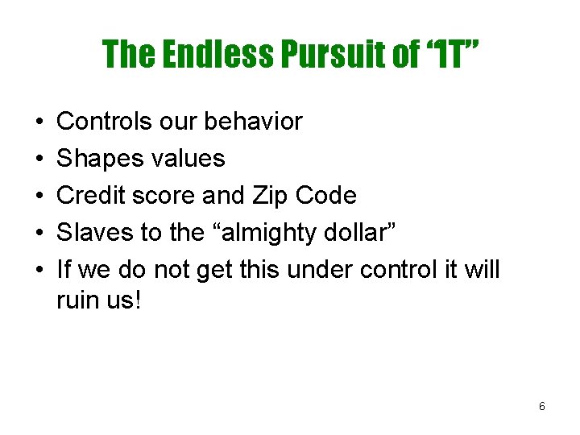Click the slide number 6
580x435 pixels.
(x=541, y=407)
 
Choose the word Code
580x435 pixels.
(x=326, y=196)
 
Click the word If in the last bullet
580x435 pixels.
(x=64, y=270)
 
